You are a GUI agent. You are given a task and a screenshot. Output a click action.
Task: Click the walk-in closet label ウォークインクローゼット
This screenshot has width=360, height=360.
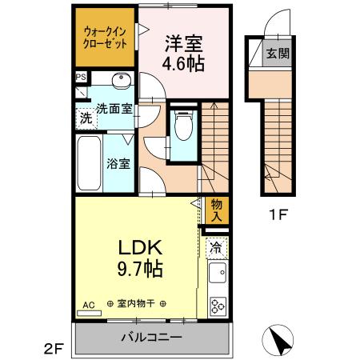click(x=106, y=38)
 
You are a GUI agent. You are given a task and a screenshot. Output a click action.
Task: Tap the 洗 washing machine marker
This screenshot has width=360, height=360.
click(x=85, y=117)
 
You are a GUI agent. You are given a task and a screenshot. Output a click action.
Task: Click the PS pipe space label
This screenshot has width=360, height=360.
click(x=81, y=78)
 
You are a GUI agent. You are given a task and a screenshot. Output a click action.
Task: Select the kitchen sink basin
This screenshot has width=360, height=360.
click(x=217, y=277)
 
